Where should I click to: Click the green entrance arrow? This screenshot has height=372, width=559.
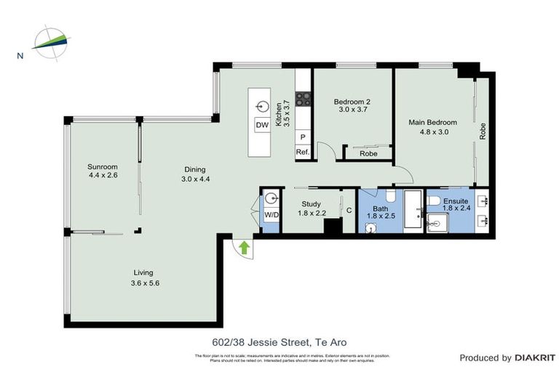click(x=245, y=248)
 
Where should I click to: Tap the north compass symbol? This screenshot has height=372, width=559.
click(x=49, y=41)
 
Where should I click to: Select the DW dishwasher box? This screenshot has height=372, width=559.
click(x=262, y=125)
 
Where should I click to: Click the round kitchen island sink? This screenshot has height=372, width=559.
click(x=262, y=106)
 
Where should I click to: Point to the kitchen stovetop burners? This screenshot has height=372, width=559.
click(x=304, y=100)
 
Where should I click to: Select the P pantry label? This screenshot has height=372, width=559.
click(x=303, y=137)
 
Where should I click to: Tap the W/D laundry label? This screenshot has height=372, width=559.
click(x=270, y=215)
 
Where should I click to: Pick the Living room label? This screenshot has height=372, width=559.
click(x=143, y=272)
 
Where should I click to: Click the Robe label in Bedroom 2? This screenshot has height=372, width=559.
click(x=368, y=154)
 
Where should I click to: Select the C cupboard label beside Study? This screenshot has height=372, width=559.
click(x=349, y=211)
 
